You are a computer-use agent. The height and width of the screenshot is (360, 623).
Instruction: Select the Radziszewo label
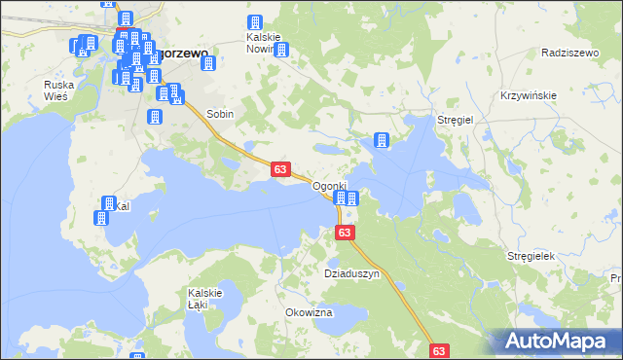point(568,53)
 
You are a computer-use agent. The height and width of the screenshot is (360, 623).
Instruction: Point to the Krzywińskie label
point(528,94)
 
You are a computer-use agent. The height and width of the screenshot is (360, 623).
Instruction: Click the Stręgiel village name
point(455,119)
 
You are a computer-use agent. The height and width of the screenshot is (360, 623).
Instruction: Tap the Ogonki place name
point(329,186)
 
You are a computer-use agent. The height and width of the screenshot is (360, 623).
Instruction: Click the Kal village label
point(122,206)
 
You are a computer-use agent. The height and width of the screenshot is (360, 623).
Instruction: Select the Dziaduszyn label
point(351,274)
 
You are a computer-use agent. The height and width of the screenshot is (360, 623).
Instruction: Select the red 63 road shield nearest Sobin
point(279,169)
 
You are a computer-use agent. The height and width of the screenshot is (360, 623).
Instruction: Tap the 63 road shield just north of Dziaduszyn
point(345,234)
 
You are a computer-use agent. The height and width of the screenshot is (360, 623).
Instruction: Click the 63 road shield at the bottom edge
point(439,350)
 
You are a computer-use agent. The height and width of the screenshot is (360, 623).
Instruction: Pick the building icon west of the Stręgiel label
point(382,140)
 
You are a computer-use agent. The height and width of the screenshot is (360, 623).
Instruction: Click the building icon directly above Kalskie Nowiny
point(255,22)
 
